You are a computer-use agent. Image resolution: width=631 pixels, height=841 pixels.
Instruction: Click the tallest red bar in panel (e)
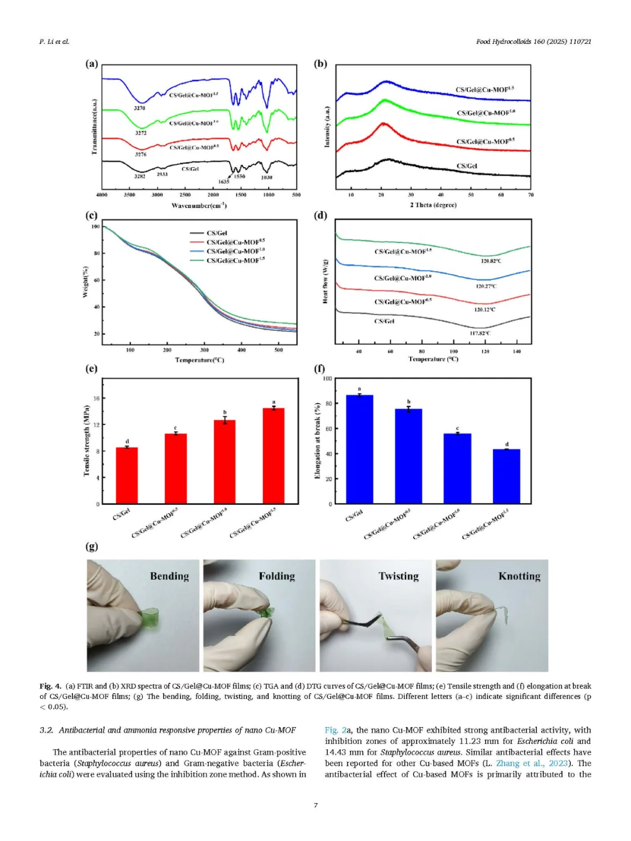[273, 456]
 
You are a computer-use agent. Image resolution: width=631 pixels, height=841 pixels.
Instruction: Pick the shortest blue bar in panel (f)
[507, 476]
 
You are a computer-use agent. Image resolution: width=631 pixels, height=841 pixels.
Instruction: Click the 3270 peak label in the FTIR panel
[140, 108]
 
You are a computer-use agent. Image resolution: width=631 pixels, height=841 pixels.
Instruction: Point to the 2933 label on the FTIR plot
[162, 174]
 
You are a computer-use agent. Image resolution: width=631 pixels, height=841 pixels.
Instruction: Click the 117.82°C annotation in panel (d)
[480, 333]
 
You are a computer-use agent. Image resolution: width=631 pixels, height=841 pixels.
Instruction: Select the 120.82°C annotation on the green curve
[491, 261]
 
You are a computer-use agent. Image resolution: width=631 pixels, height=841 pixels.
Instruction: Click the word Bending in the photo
[169, 576]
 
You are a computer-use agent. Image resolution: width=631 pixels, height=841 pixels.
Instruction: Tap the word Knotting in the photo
[519, 576]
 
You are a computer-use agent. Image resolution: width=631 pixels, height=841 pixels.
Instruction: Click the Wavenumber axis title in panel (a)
[199, 206]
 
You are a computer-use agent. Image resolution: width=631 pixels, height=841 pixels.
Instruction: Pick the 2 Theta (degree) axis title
[433, 205]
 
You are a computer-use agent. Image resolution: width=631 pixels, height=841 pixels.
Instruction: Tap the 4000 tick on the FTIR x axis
[102, 195]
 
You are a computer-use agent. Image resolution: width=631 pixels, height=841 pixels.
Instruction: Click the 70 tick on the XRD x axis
[531, 195]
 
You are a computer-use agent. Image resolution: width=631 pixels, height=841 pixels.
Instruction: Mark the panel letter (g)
[92, 546]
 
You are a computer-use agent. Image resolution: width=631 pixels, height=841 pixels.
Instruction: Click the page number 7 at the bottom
[315, 805]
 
